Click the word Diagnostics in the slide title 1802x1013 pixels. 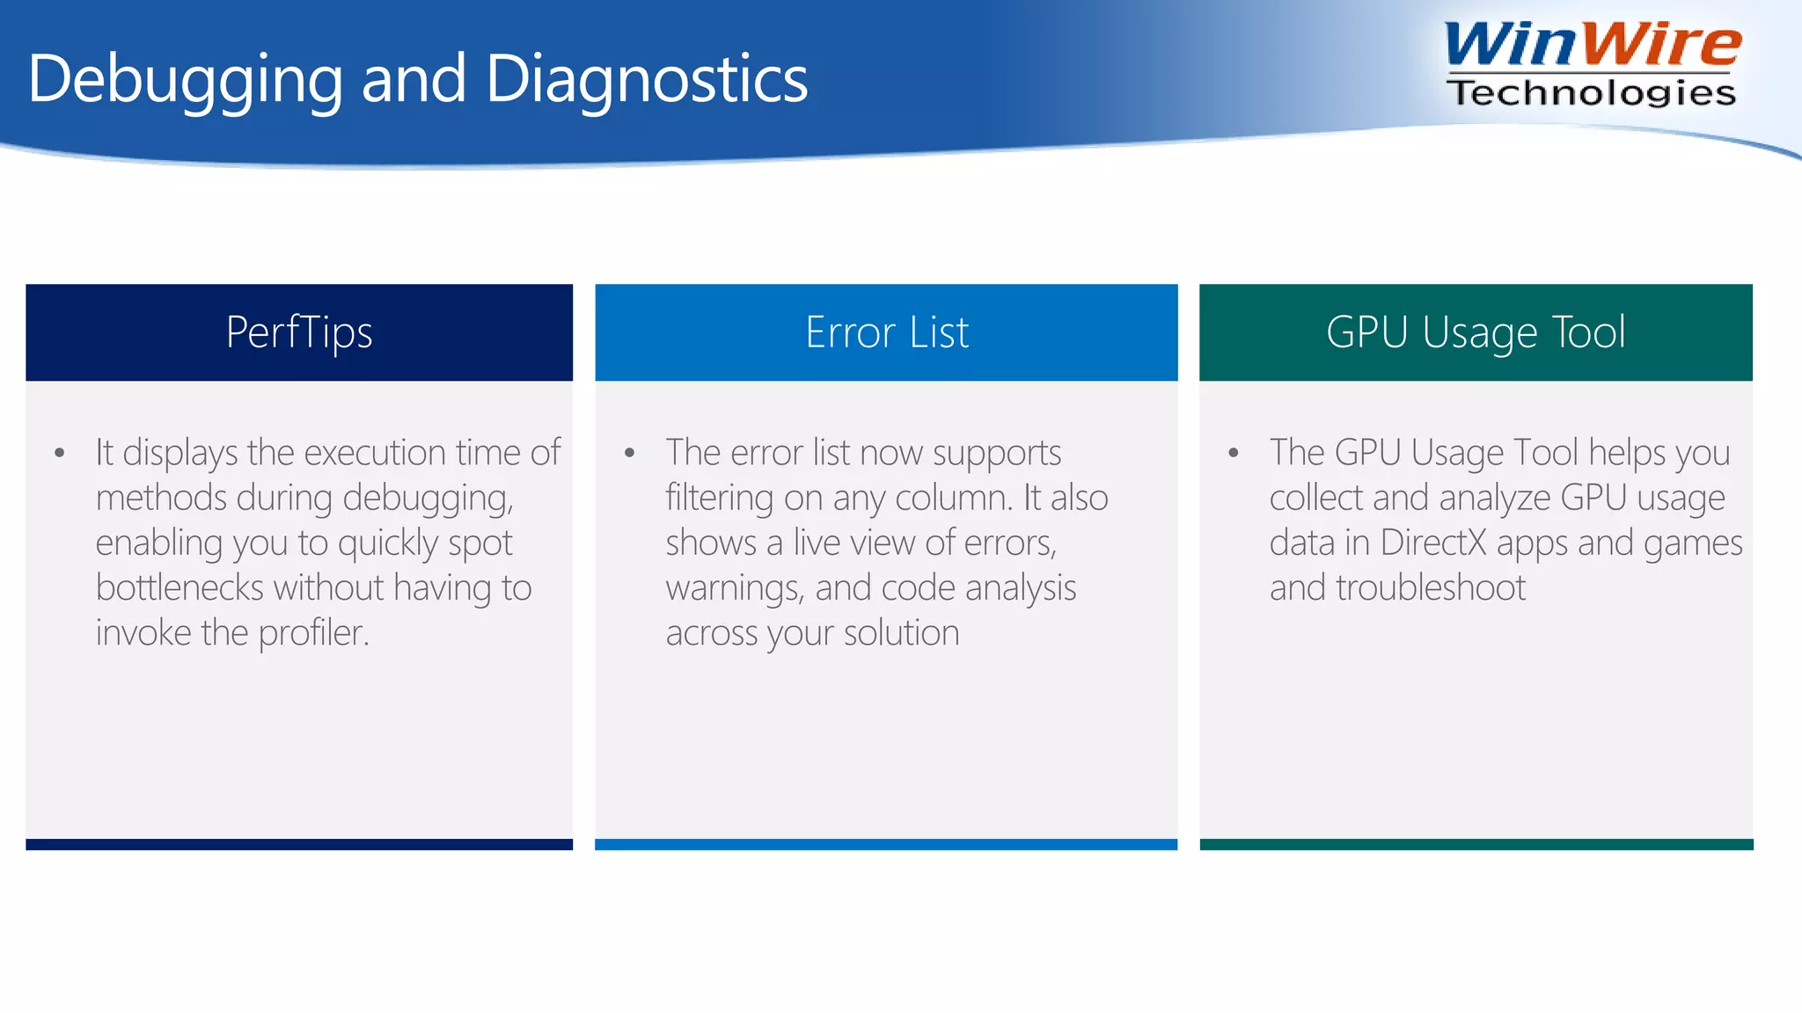[646, 79]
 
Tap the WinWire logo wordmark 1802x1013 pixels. [1593, 44]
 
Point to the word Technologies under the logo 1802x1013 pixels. [1591, 92]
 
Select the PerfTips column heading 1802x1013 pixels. [299, 332]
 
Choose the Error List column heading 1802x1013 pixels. [886, 332]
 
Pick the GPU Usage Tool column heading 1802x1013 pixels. [1476, 332]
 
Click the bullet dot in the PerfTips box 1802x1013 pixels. [59, 454]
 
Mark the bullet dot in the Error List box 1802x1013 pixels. [629, 454]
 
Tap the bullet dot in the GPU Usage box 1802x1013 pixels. [1234, 454]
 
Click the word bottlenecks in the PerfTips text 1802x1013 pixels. [179, 587]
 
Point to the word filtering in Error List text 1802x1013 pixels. [719, 499]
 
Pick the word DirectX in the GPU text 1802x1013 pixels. [1433, 543]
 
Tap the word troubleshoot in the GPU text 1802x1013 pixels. [1431, 587]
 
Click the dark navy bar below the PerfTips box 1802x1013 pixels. [299, 844]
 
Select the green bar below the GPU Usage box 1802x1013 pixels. [1476, 844]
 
